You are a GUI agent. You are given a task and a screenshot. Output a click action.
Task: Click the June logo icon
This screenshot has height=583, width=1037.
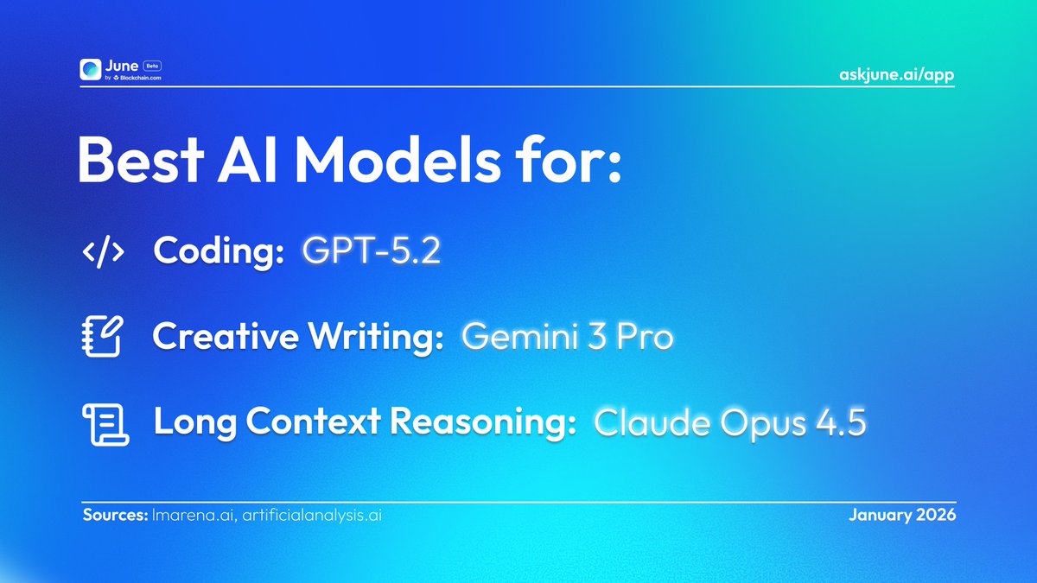[91, 70]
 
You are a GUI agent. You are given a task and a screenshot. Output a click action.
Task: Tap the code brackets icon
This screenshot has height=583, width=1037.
[103, 251]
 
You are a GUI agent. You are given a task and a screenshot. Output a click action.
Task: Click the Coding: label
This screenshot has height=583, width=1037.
[219, 251]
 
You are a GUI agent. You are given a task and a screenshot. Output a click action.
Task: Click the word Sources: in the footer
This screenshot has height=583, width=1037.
[115, 515]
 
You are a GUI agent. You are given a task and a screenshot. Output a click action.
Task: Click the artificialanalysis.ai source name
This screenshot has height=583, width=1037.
[312, 515]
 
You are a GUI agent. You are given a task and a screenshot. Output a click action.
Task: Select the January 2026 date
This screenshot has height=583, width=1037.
[901, 515]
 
